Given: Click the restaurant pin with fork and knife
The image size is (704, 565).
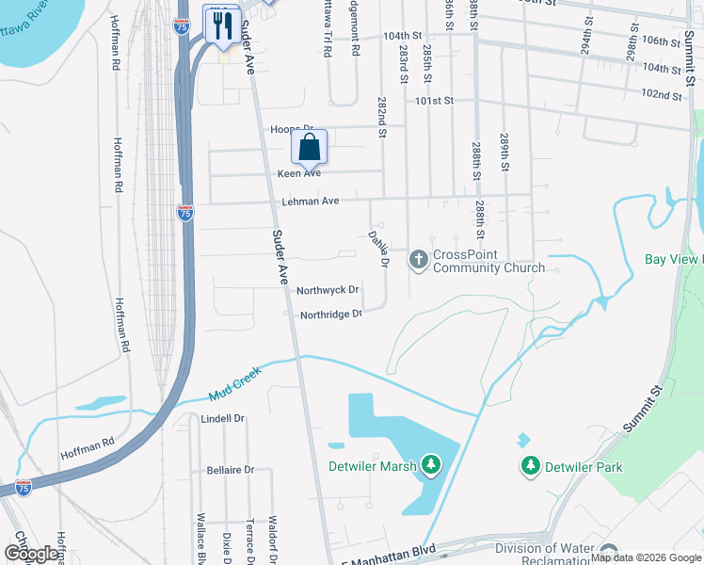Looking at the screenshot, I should click(x=222, y=25).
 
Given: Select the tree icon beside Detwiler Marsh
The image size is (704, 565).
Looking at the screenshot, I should click(x=431, y=464).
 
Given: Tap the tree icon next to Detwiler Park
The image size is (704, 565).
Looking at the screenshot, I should click(x=531, y=466).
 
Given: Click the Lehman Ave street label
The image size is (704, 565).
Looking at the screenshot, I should click(x=310, y=202).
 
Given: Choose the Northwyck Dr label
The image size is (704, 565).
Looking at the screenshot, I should click(x=328, y=291).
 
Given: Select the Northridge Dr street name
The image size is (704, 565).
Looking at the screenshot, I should click(x=330, y=315).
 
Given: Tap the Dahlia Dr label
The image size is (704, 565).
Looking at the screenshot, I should click(x=377, y=250).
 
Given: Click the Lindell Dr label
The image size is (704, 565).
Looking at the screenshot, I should click(x=222, y=418).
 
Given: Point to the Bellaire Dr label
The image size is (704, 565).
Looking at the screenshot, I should click(x=230, y=469).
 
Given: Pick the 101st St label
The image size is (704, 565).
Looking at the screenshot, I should click(x=435, y=101).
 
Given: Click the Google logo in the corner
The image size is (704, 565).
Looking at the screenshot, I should click(x=32, y=553).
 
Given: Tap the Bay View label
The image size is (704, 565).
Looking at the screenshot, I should click(x=673, y=259).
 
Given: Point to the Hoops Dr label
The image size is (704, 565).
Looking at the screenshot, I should click(x=292, y=129).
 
